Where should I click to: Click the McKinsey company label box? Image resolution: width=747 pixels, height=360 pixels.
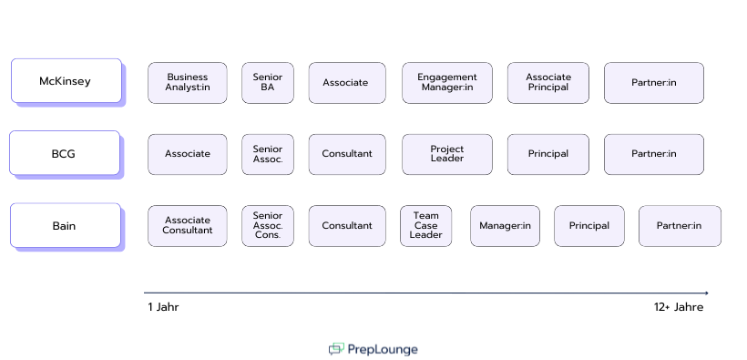[x=66, y=81]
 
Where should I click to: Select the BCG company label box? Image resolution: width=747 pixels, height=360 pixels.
[x=64, y=153]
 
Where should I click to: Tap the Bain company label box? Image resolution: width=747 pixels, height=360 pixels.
[x=65, y=225]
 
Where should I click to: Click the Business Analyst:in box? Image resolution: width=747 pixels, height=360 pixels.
[x=187, y=82]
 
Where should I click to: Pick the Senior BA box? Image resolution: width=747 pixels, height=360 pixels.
[x=267, y=82]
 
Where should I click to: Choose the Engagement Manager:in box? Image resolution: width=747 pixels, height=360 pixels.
[x=446, y=82]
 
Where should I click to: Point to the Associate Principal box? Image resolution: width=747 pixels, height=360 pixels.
[x=547, y=82]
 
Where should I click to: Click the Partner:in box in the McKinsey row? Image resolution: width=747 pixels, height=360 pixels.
[x=653, y=82]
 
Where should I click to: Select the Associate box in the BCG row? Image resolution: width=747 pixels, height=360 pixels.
[x=187, y=154]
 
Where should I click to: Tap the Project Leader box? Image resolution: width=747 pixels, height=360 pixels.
[x=446, y=154]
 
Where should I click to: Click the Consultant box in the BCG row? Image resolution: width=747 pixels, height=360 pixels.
[x=346, y=154]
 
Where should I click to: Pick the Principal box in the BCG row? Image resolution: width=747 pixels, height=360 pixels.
[x=547, y=154]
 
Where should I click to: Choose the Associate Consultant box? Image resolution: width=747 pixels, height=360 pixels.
[x=187, y=225]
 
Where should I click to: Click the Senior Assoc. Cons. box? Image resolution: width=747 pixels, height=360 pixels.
[x=267, y=225]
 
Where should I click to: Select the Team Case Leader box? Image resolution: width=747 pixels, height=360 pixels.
[x=425, y=225]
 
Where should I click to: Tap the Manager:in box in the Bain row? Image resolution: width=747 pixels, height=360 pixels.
[x=505, y=225]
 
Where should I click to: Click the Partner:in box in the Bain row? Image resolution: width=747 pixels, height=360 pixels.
[x=679, y=225]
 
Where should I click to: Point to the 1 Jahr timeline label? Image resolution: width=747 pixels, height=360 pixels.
[x=163, y=307]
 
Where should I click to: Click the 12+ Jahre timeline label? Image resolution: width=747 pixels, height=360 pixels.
[x=678, y=307]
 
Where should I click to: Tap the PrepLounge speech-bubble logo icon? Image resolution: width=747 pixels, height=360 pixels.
[x=337, y=349]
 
